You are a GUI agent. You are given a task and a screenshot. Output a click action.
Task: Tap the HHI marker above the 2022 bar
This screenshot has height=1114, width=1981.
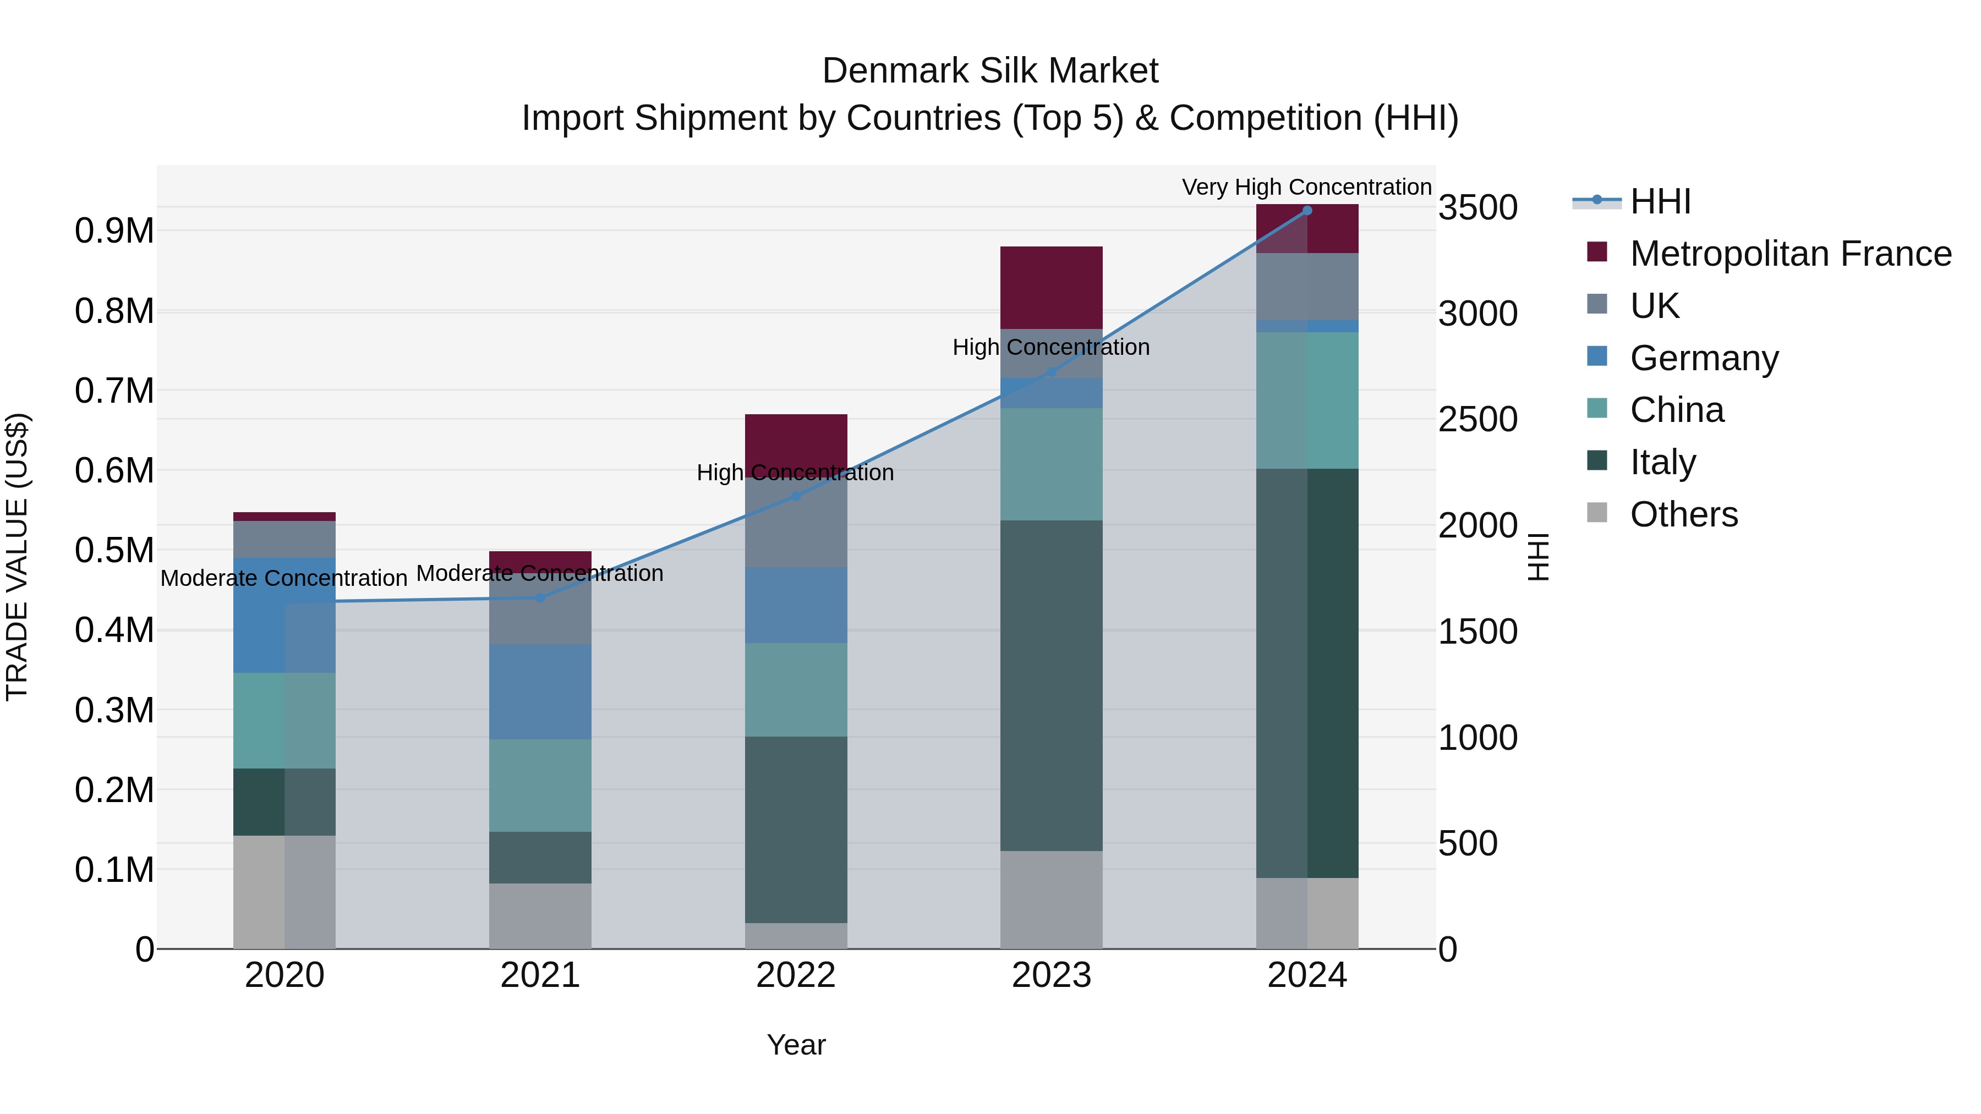click(796, 496)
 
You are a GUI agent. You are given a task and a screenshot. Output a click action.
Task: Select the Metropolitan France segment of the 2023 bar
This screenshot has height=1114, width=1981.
click(1050, 288)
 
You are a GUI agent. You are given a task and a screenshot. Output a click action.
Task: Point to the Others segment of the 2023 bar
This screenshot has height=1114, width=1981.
click(1050, 899)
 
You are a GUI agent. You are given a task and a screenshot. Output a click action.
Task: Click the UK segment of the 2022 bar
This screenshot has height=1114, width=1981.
click(796, 522)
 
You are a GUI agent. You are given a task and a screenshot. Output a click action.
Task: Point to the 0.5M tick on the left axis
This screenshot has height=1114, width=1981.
click(114, 551)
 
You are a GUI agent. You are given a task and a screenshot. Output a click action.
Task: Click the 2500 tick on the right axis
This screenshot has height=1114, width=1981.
click(1477, 420)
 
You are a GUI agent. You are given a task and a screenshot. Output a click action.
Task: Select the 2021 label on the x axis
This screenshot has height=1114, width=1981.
click(540, 975)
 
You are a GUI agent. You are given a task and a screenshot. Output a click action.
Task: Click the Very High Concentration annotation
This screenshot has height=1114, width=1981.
click(1306, 187)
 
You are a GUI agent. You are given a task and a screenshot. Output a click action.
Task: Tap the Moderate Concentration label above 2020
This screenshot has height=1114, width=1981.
click(284, 578)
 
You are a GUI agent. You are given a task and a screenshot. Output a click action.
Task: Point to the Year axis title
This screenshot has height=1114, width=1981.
click(796, 1045)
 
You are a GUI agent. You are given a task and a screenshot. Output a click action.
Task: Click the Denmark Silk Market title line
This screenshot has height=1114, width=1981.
click(990, 71)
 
